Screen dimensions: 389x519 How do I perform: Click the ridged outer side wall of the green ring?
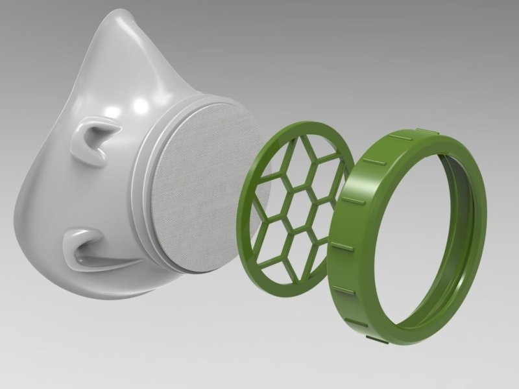344,246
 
